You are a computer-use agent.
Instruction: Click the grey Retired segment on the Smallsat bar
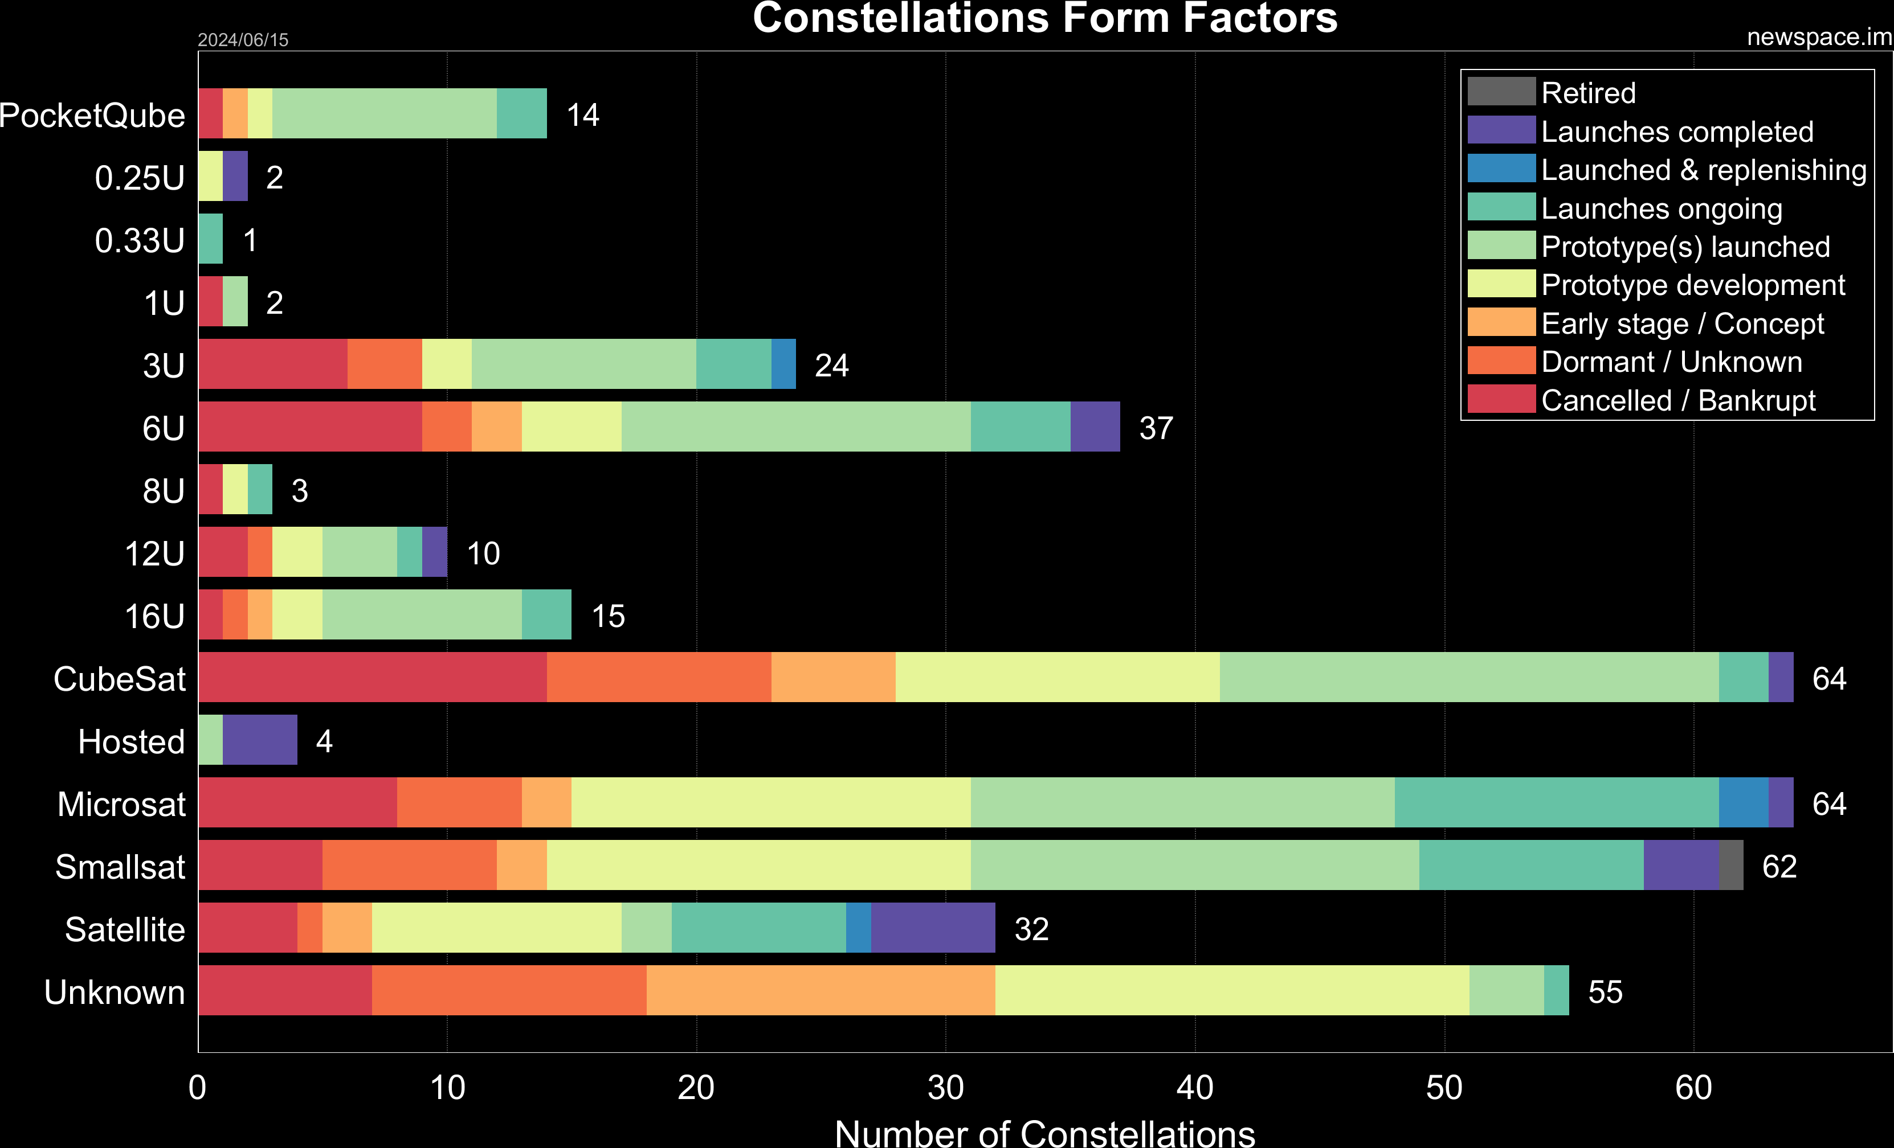pos(1730,864)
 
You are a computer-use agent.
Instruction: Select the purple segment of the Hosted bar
pos(260,739)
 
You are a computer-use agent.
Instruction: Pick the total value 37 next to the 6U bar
pos(1156,428)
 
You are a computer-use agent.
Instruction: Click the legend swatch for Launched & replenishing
pos(1500,169)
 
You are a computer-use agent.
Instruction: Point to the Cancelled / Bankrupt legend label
pos(1678,400)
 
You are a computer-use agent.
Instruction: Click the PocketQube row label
pos(92,115)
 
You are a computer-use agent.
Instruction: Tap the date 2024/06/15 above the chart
pos(243,39)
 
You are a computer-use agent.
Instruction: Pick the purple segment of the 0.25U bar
pos(235,175)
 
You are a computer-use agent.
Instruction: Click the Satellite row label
pos(125,929)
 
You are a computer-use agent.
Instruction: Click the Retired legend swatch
pos(1500,92)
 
